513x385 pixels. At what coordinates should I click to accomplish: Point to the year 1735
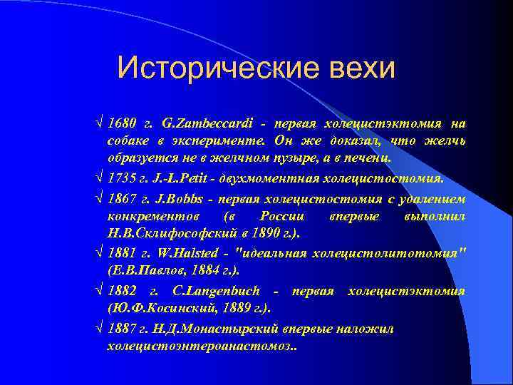coord(121,177)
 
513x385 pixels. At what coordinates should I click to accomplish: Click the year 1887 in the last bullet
coord(121,329)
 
